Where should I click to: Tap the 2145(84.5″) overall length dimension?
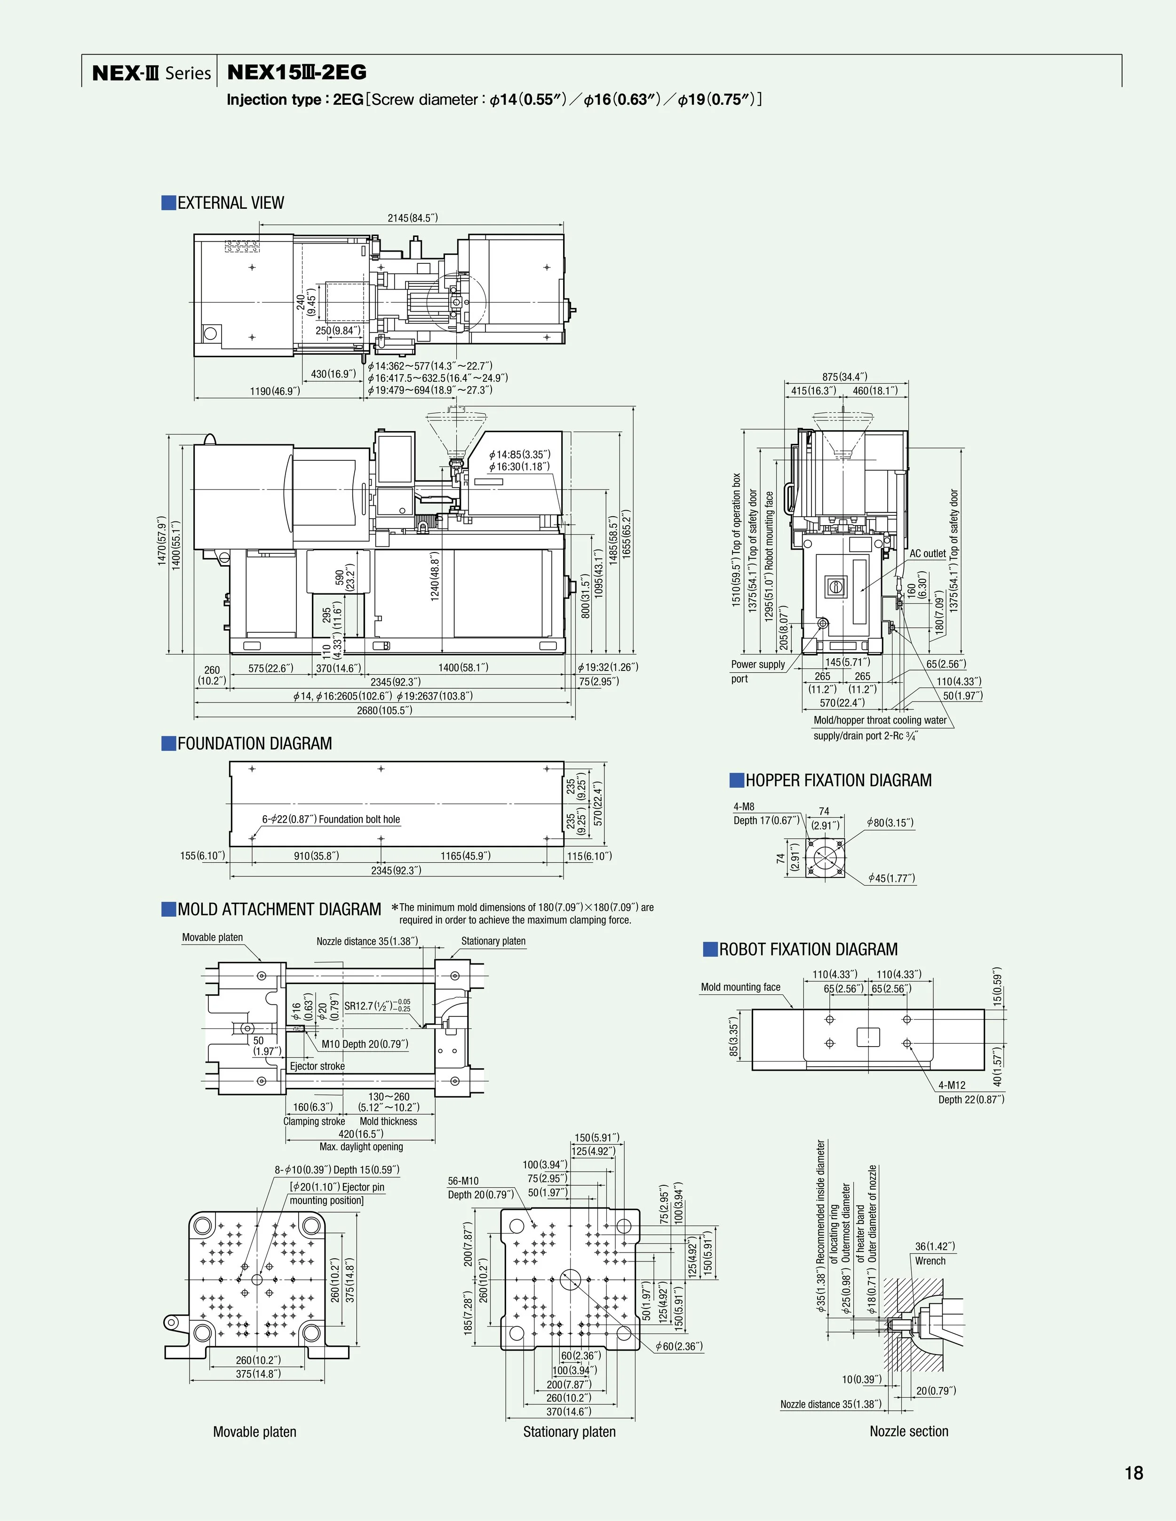413,218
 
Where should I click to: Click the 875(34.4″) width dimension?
844,377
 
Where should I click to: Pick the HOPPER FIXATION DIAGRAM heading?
838,780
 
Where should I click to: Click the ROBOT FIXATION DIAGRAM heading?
808,949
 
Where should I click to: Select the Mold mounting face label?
740,987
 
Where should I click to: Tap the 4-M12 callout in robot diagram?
952,1085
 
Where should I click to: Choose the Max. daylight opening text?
361,1146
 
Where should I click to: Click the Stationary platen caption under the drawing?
569,1432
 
